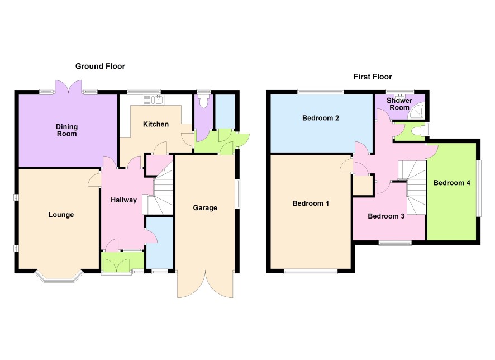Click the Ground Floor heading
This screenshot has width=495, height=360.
(100, 67)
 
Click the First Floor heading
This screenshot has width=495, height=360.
(373, 77)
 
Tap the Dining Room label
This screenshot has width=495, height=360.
(66, 130)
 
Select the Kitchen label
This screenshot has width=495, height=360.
(156, 124)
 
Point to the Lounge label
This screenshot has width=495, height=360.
(61, 215)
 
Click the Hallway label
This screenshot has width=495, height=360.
(123, 200)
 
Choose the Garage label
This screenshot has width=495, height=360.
(205, 208)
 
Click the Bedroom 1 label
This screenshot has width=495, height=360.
(311, 203)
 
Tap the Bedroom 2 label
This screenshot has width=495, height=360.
(321, 118)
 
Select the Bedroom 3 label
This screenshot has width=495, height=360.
(386, 216)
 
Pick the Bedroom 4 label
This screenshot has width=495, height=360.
(452, 183)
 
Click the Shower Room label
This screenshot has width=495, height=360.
(399, 104)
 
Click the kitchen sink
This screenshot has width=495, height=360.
(157, 100)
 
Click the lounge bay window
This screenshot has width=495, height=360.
(59, 276)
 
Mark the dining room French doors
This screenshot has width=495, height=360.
(68, 87)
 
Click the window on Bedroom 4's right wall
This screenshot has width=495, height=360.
(479, 188)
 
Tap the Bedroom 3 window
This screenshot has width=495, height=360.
(395, 243)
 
